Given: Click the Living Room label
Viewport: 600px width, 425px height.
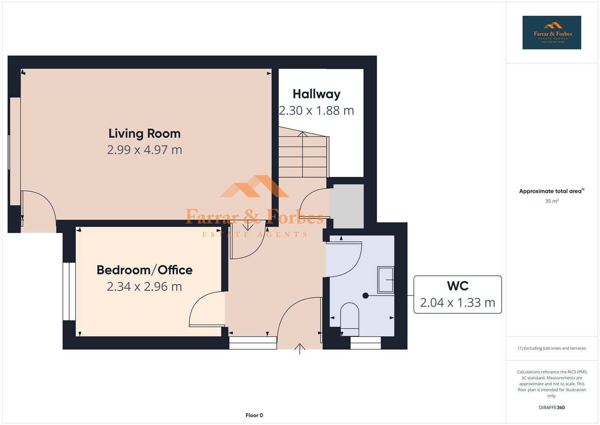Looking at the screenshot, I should point(144,133).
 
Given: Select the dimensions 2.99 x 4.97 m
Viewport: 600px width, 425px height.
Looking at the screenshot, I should point(144,150).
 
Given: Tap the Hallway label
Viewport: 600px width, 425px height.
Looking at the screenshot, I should point(316,94).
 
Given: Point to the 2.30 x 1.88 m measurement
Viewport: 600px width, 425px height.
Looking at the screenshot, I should point(316,111).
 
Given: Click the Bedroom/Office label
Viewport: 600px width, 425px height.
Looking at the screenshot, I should point(144,270).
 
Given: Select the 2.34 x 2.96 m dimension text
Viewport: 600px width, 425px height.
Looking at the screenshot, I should point(144,286).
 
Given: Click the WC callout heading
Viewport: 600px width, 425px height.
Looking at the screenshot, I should point(457,286).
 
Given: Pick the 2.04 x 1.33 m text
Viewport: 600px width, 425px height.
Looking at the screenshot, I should point(457,303).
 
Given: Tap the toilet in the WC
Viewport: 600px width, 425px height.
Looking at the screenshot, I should point(349,316).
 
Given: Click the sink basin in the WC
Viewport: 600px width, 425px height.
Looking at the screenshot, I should point(385,280).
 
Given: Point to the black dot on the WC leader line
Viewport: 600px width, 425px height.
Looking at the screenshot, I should point(365,296).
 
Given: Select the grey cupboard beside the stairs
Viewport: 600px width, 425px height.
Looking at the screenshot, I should point(346,206).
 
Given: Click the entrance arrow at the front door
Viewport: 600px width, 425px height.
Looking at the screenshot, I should point(300,348).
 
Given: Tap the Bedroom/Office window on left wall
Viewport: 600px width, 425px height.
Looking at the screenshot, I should point(69,291).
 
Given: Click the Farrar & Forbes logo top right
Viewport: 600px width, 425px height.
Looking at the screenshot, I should point(551,33).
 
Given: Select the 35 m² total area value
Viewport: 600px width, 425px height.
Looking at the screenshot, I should point(551,201).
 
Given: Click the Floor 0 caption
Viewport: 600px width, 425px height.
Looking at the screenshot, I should point(254,415).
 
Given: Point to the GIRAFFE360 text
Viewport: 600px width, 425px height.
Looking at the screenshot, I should point(551,407).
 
